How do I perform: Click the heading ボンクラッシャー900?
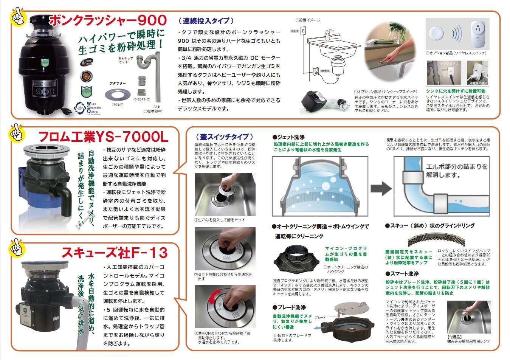coord(108,20)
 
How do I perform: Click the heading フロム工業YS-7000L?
coord(103,137)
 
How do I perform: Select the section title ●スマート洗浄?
coord(402,273)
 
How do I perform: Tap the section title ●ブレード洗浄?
coord(289,307)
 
